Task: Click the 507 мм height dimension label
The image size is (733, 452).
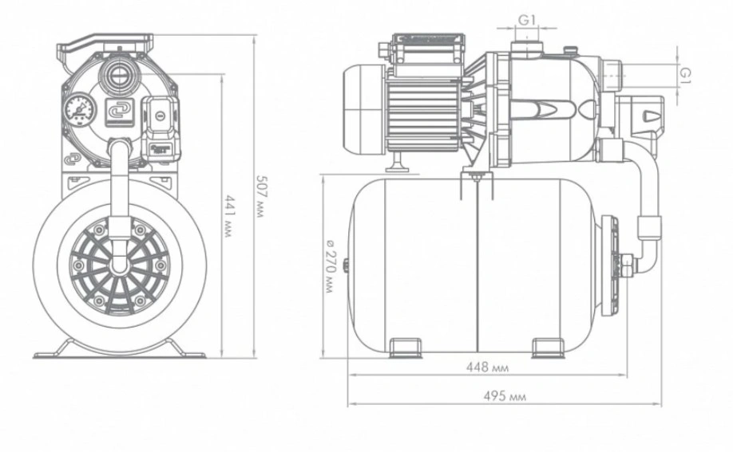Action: tap(260, 197)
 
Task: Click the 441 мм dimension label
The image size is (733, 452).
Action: tap(228, 216)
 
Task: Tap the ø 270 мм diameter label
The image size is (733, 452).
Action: tap(329, 266)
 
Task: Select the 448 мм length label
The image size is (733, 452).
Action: tap(487, 367)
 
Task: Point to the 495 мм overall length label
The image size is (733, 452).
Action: tap(505, 396)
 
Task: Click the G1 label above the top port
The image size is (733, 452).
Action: tap(526, 20)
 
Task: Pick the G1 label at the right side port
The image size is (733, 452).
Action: tap(685, 75)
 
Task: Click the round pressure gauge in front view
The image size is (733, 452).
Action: tap(80, 110)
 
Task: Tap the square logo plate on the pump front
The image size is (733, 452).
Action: tap(119, 112)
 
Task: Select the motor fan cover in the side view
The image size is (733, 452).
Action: tap(364, 108)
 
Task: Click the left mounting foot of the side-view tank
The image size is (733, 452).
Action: tap(406, 348)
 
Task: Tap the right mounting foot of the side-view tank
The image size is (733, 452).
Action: tap(549, 348)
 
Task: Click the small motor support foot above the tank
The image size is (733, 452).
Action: tap(398, 162)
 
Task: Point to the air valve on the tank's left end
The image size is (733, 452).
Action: tap(347, 265)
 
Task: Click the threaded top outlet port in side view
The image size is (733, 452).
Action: tap(526, 47)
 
